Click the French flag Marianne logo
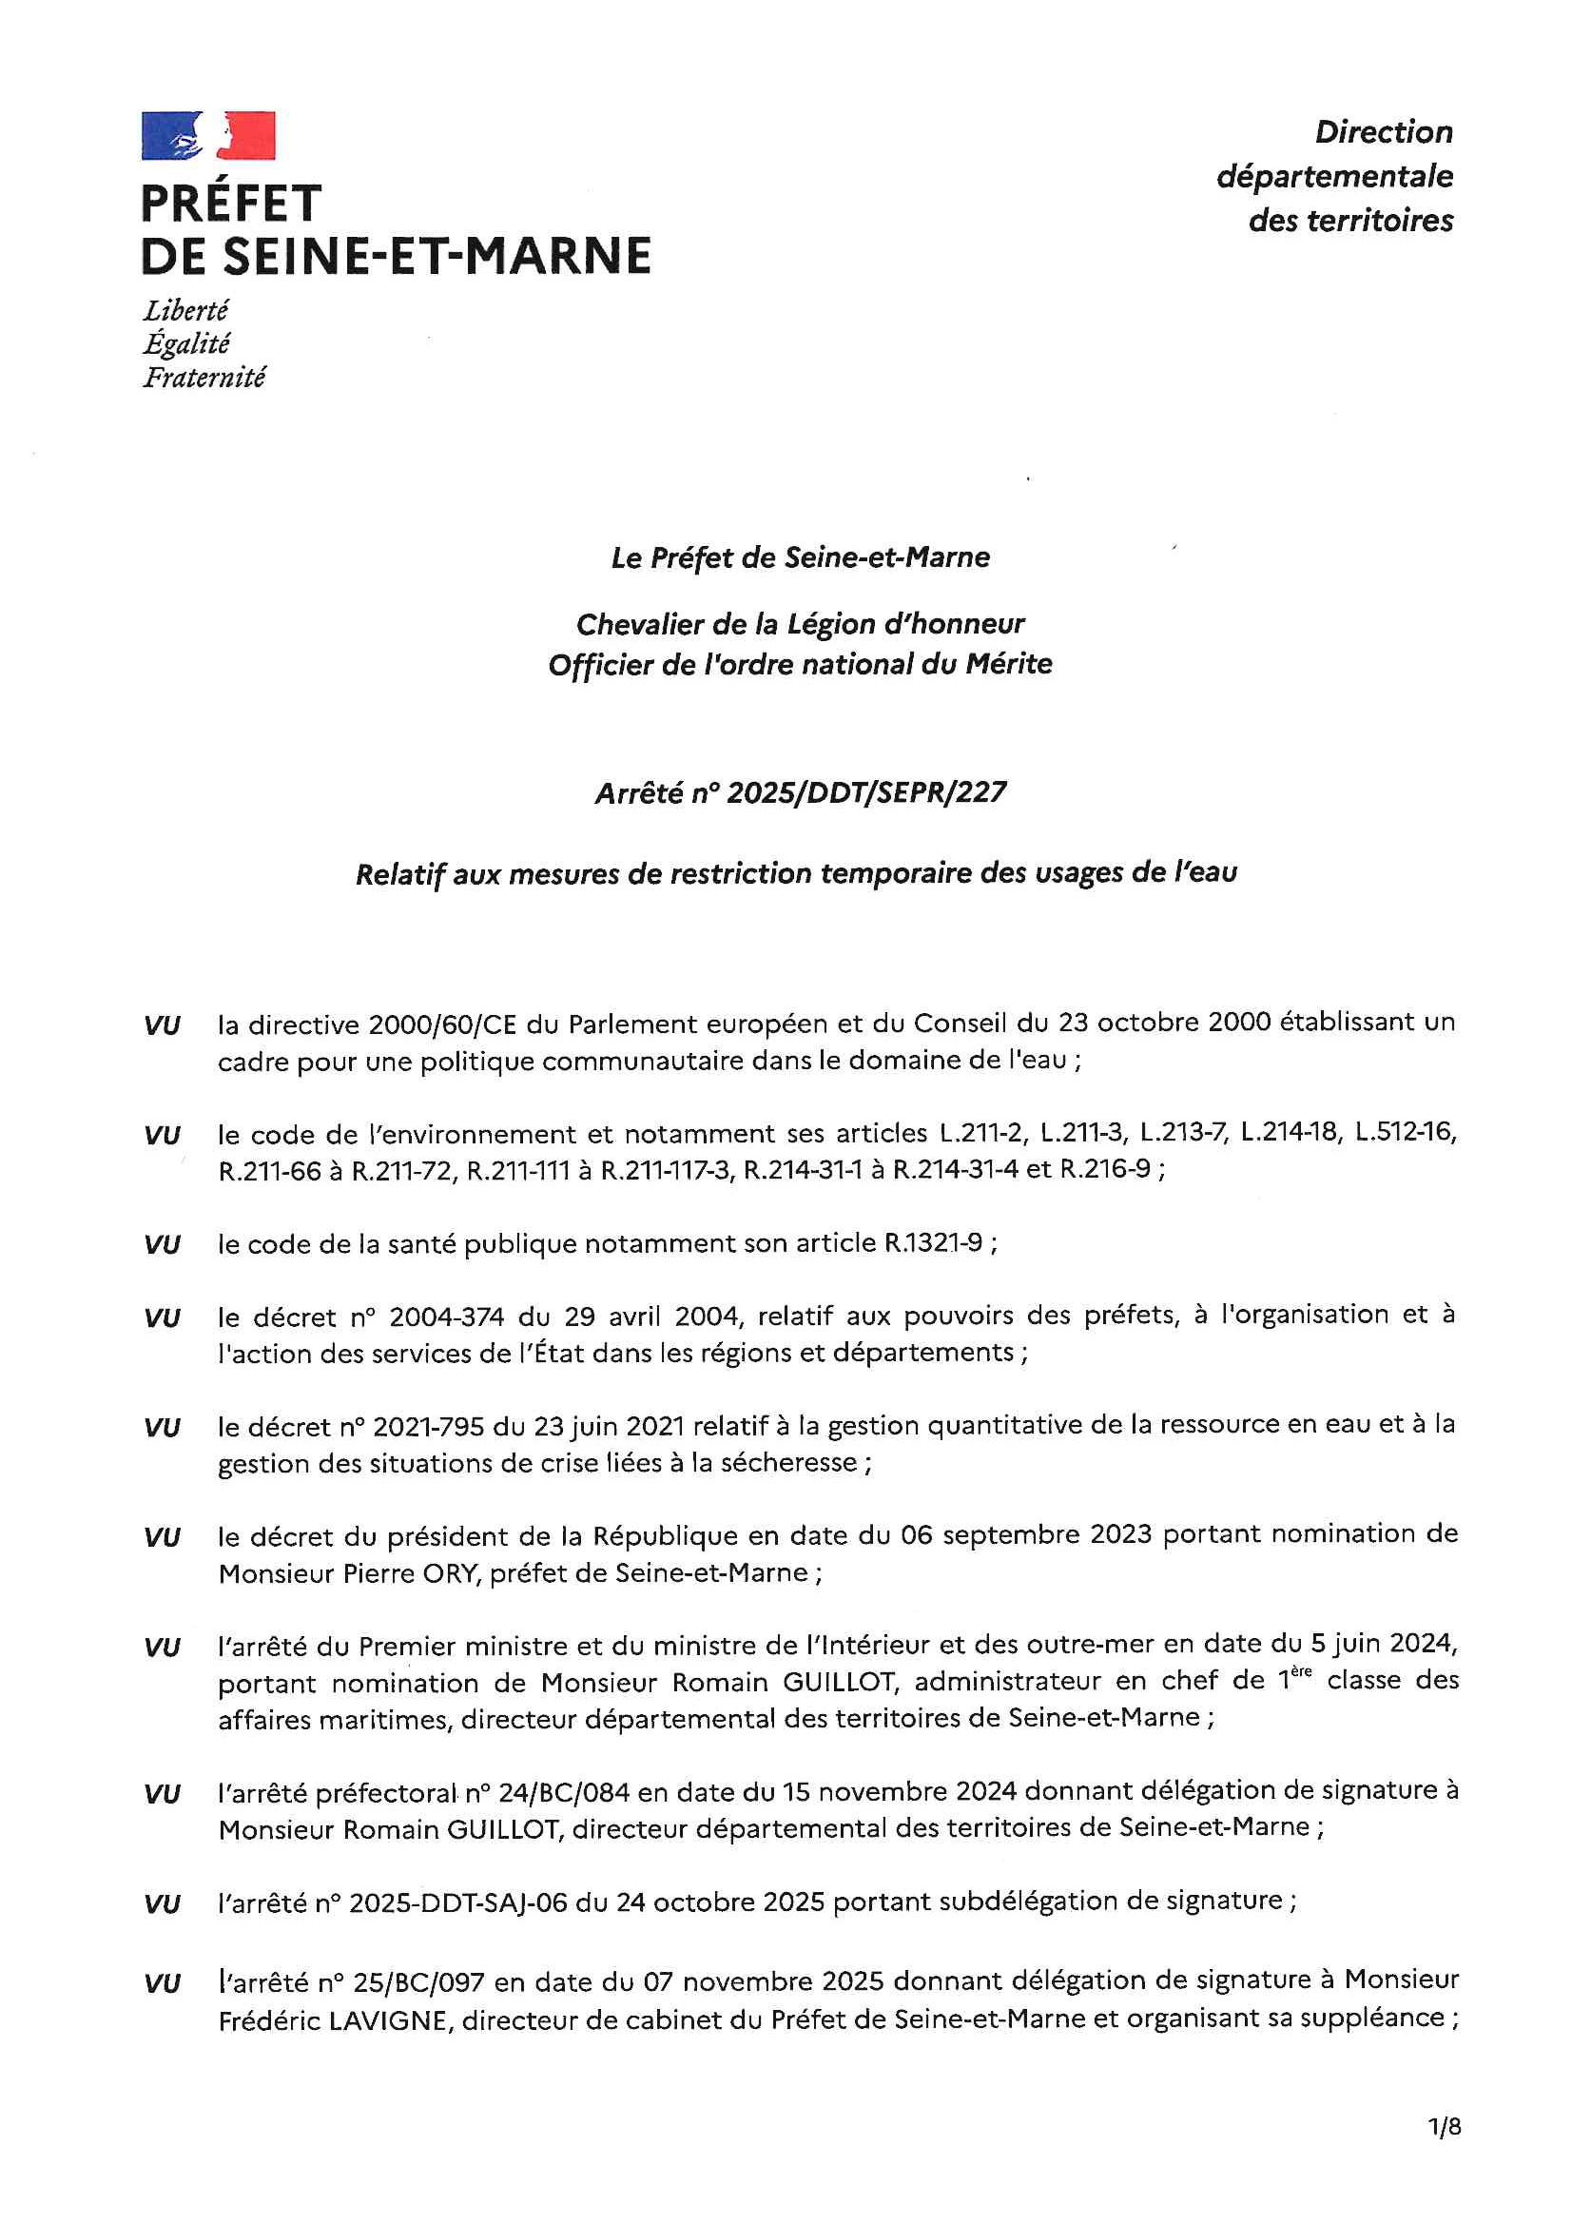(x=208, y=136)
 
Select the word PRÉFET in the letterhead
(x=230, y=205)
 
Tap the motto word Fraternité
(x=204, y=377)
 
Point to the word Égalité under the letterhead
(x=187, y=343)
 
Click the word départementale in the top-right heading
(x=1333, y=177)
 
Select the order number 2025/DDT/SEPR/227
(x=866, y=793)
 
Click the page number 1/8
(x=1444, y=2126)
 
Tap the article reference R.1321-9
(x=933, y=1242)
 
